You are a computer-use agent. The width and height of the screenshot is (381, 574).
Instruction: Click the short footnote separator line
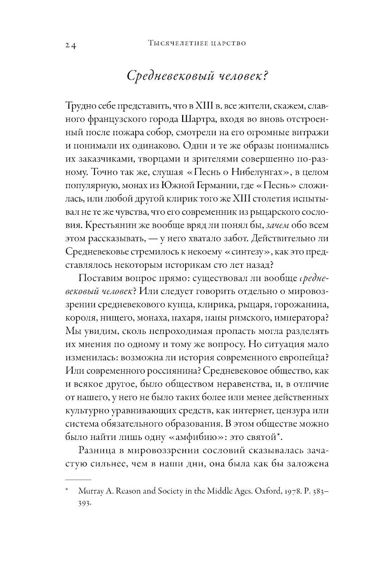point(78,480)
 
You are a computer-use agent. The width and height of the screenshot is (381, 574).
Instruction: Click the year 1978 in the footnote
point(279,491)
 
